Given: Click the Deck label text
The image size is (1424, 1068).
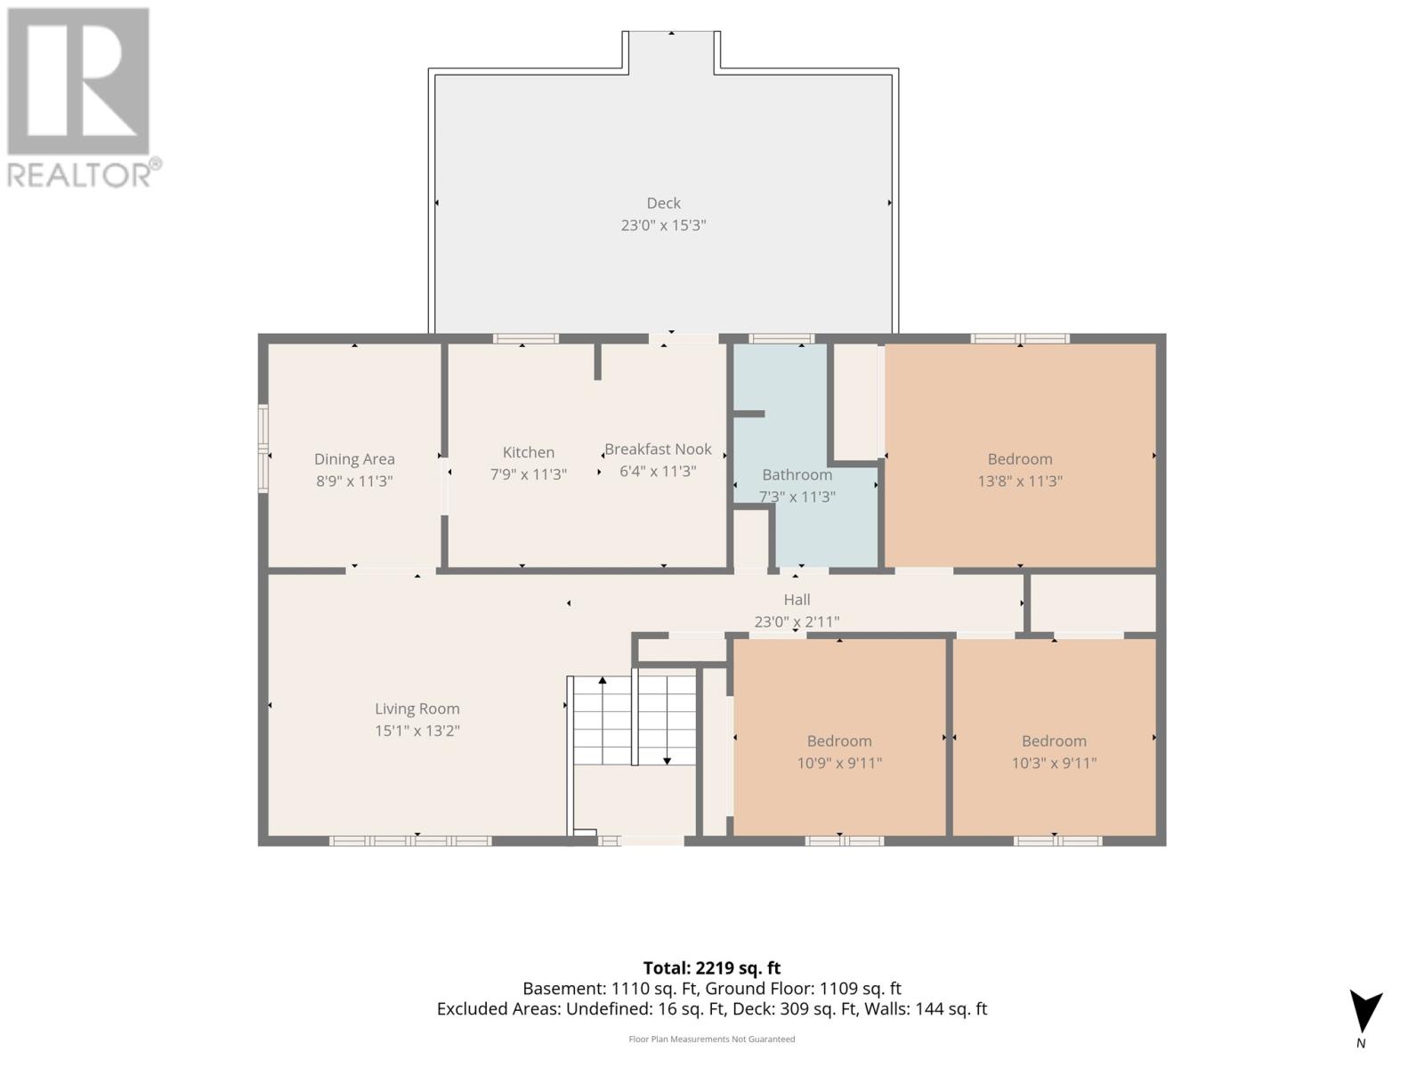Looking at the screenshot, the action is click(663, 203).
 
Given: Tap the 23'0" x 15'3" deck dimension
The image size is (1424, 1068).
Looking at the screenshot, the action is click(663, 225).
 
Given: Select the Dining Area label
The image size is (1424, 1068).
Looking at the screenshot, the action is click(354, 459).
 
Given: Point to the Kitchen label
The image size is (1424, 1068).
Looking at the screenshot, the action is click(528, 452).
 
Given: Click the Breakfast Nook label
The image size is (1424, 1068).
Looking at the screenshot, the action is click(658, 449).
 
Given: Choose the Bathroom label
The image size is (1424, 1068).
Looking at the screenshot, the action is click(797, 474).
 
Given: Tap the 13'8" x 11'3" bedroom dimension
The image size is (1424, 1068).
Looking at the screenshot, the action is click(1020, 481).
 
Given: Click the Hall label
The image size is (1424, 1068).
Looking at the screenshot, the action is click(797, 600).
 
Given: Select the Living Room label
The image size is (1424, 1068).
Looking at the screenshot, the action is click(417, 708).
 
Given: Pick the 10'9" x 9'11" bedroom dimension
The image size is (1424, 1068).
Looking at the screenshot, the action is click(839, 764).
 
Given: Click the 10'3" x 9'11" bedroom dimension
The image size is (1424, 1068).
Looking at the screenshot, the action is click(1055, 764).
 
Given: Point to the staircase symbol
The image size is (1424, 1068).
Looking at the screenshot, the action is click(633, 720).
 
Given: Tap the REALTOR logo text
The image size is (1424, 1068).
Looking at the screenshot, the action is click(85, 174).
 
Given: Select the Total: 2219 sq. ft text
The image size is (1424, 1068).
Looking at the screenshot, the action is click(712, 968).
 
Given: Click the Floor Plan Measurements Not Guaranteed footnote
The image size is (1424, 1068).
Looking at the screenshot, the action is click(712, 1039).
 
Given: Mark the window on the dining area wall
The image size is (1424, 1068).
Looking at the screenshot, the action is click(263, 448).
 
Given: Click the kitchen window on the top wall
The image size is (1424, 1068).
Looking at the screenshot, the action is click(525, 338).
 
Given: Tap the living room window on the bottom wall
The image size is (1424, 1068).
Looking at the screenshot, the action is click(410, 841).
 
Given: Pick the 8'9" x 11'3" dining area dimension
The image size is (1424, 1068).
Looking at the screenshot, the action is click(354, 481).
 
